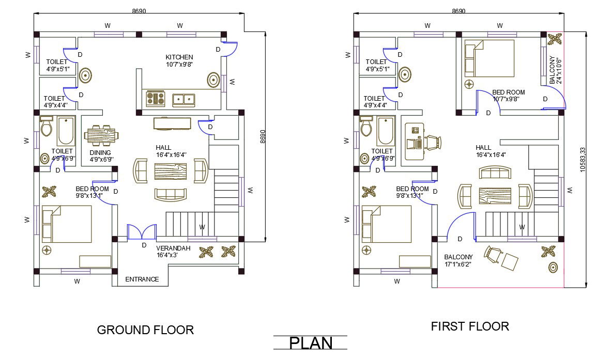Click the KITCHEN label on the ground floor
click(179, 57)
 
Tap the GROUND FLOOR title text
click(145, 330)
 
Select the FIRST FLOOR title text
click(469, 326)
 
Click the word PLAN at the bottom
click(310, 343)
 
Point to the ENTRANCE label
click(142, 279)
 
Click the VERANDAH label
click(174, 248)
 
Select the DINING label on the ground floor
click(100, 152)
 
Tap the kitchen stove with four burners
click(156, 98)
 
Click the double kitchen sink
click(183, 99)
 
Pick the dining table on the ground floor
click(101, 136)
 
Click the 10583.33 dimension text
click(583, 160)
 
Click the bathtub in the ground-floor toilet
click(66, 132)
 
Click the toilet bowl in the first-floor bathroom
click(367, 127)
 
